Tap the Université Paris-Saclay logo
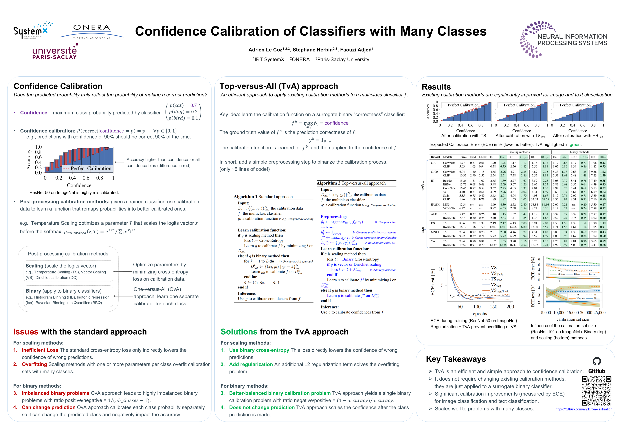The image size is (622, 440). click(x=55, y=52)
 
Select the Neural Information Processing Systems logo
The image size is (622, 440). click(x=563, y=39)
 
